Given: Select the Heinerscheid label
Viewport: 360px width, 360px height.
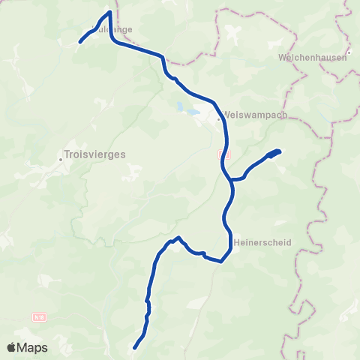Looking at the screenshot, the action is [262, 242].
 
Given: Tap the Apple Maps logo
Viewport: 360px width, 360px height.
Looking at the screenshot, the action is [27, 348].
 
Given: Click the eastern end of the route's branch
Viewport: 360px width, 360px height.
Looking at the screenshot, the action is [279, 151].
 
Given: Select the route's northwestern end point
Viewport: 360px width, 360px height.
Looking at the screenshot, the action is [81, 43].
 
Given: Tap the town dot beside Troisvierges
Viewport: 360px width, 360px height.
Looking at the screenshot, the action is [60, 158].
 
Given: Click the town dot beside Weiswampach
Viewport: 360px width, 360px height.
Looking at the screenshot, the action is [218, 118].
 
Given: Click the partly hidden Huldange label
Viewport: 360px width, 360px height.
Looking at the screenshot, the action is [112, 30].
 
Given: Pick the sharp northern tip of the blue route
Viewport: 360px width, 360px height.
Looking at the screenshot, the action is [110, 12].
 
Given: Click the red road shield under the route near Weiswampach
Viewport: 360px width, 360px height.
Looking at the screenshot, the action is [221, 153].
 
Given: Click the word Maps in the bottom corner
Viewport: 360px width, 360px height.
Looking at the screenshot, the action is [33, 348].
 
